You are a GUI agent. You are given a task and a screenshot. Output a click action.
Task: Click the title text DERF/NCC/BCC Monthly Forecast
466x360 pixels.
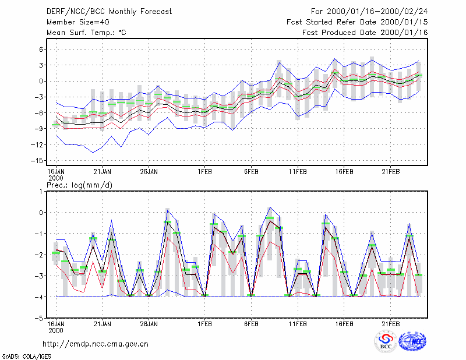pyautogui.click(x=109, y=12)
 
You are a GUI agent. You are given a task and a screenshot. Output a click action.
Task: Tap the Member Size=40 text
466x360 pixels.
pyautogui.click(x=78, y=22)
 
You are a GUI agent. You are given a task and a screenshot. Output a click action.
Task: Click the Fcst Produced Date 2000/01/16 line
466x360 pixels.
pyautogui.click(x=365, y=33)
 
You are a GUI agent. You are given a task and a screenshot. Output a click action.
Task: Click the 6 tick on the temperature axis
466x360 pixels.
pyautogui.click(x=41, y=50)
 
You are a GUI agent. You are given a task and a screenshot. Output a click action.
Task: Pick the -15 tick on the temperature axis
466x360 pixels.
pyautogui.click(x=37, y=161)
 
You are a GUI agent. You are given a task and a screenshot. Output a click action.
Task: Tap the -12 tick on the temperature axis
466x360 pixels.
pyautogui.click(x=37, y=145)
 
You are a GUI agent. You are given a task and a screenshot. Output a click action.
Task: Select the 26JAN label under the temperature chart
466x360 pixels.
pyautogui.click(x=149, y=172)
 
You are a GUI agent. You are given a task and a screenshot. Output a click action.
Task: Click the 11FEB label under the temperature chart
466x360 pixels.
pyautogui.click(x=298, y=172)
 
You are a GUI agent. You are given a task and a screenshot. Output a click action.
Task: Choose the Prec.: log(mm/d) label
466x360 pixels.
pyautogui.click(x=79, y=185)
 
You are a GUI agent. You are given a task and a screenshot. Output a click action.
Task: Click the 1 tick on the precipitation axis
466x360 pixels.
pyautogui.click(x=41, y=192)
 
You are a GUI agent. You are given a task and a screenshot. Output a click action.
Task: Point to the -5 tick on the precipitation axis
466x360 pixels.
pyautogui.click(x=39, y=318)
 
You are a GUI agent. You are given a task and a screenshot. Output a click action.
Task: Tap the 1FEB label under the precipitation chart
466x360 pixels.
pyautogui.click(x=204, y=324)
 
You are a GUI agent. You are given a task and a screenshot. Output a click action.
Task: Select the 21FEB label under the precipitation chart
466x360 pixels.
pyautogui.click(x=390, y=324)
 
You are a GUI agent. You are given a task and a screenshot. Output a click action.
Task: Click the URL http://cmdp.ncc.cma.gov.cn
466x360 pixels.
pyautogui.click(x=96, y=344)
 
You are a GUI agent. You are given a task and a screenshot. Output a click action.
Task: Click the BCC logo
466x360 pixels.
pyautogui.click(x=386, y=341)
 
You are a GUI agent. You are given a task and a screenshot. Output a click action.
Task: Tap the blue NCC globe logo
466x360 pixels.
pyautogui.click(x=412, y=341)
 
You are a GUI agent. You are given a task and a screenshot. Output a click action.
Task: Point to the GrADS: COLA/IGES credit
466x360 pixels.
pyautogui.click(x=26, y=357)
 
